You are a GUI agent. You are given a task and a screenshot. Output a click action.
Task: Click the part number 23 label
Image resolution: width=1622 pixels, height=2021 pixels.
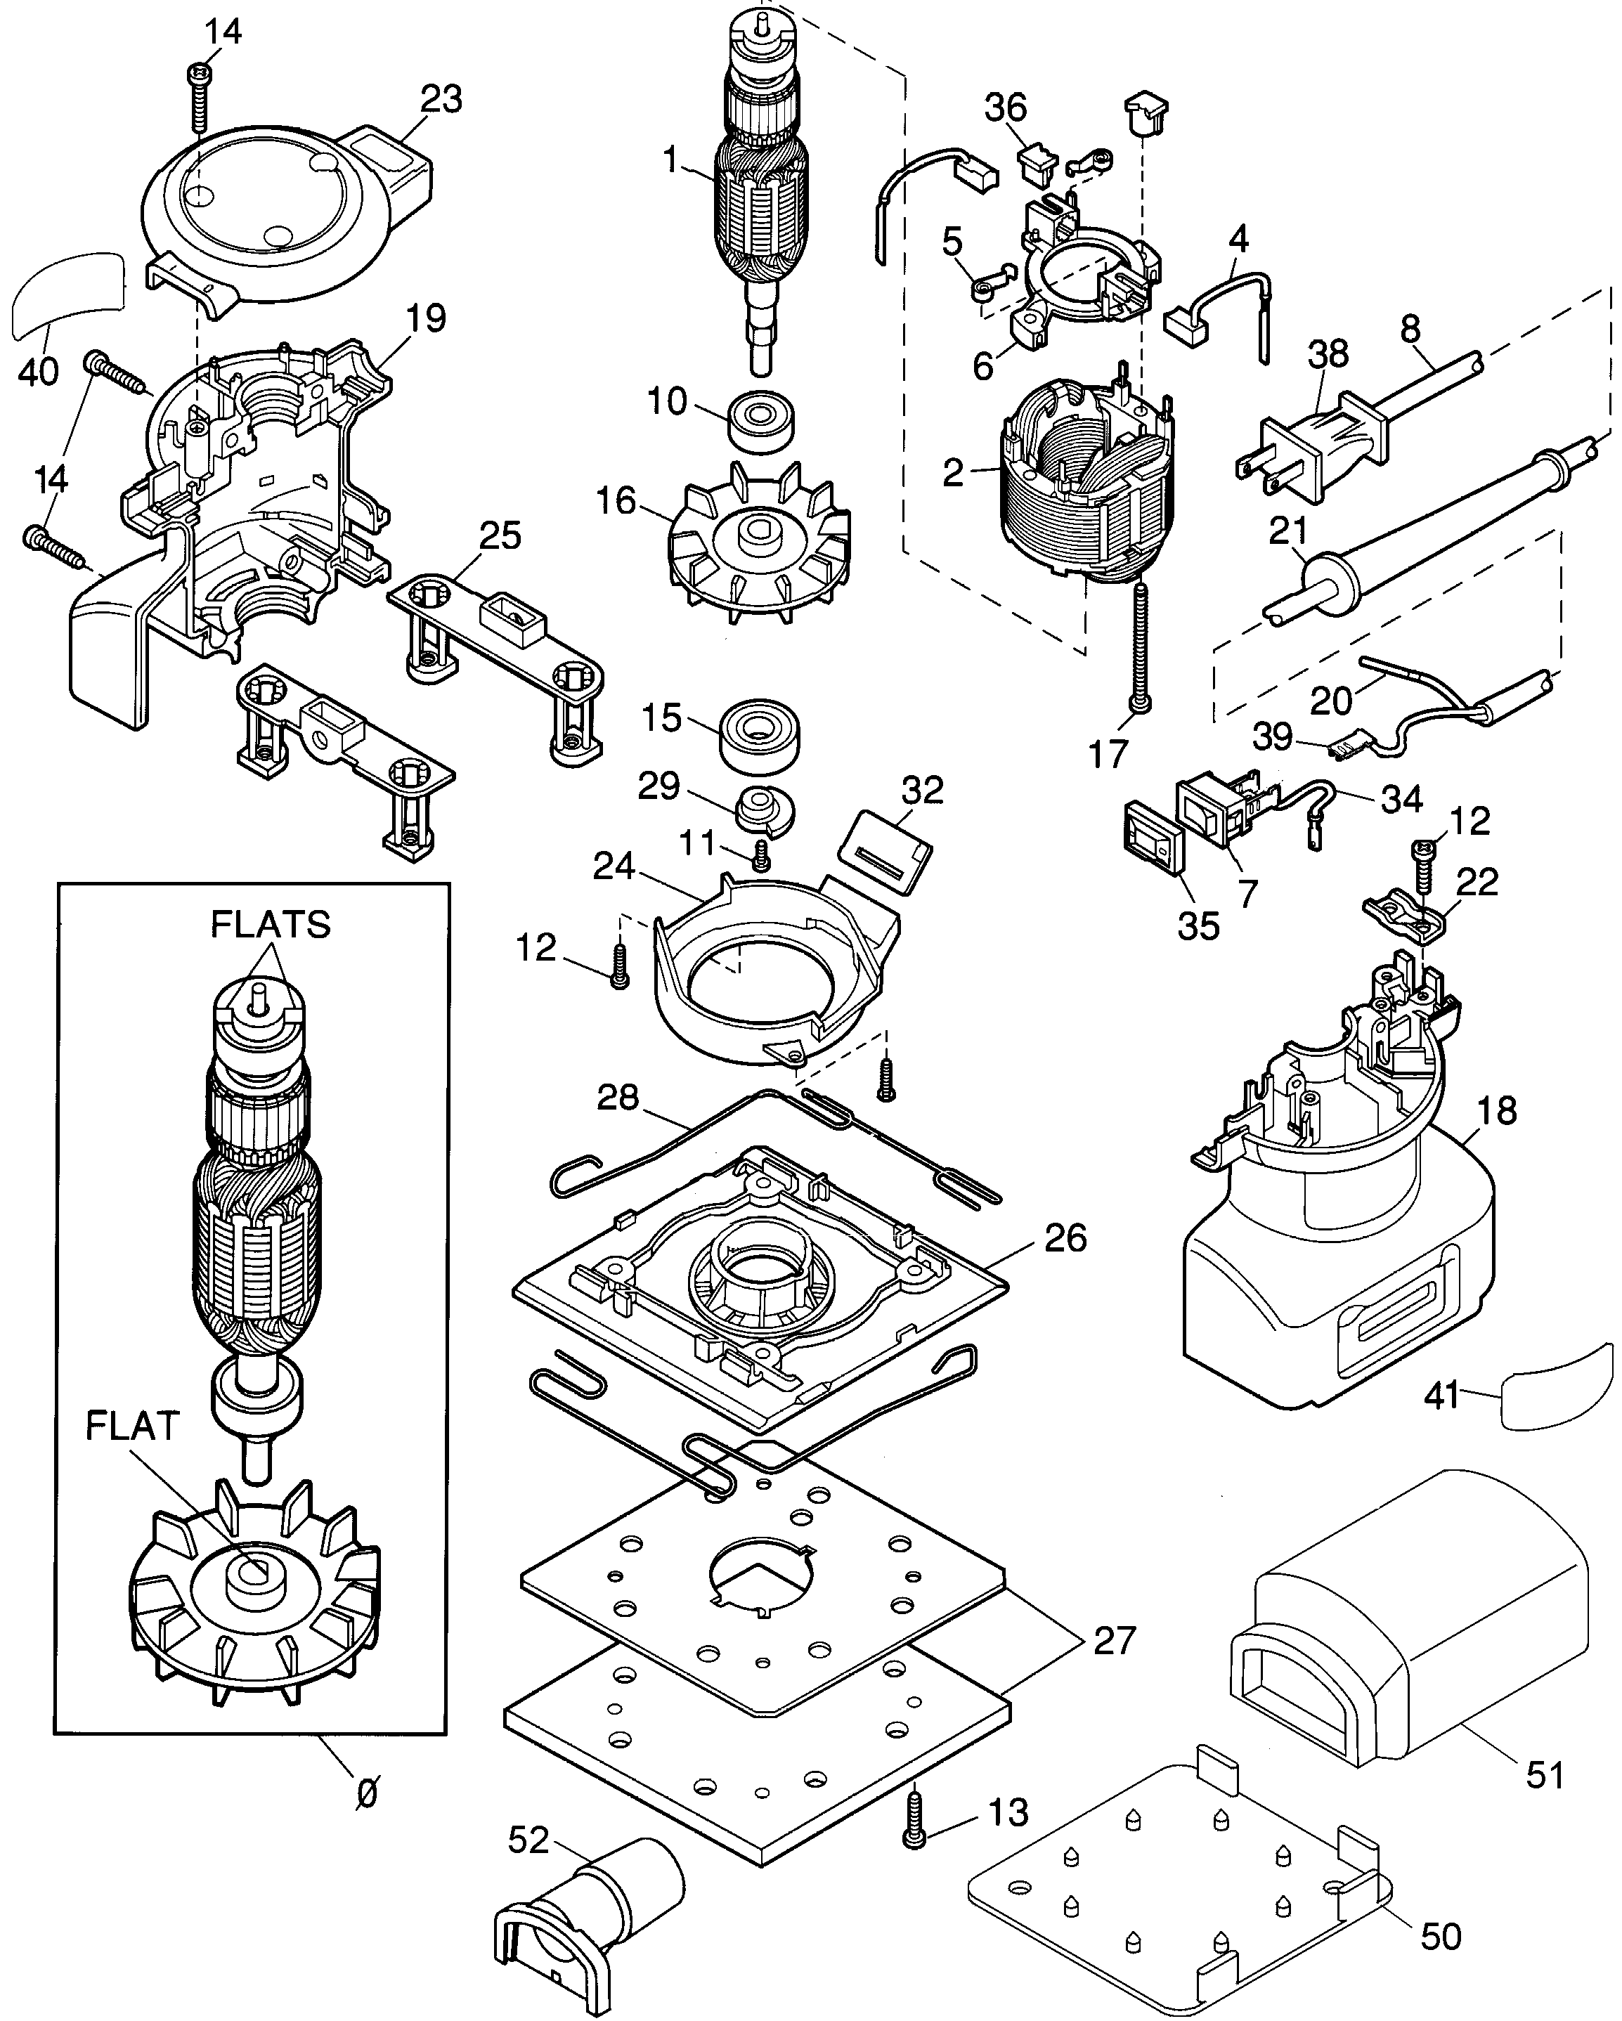coord(441,98)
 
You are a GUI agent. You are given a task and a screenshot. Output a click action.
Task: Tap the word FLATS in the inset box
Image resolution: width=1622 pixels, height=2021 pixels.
coord(270,925)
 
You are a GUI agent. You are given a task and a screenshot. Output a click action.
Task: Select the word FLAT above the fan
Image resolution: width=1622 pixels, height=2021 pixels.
coord(132,1426)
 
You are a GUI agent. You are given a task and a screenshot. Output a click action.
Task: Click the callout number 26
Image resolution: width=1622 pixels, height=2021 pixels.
coord(1065,1237)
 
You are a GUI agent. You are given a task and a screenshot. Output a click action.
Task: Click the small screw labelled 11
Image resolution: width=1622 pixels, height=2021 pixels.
coord(761,855)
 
